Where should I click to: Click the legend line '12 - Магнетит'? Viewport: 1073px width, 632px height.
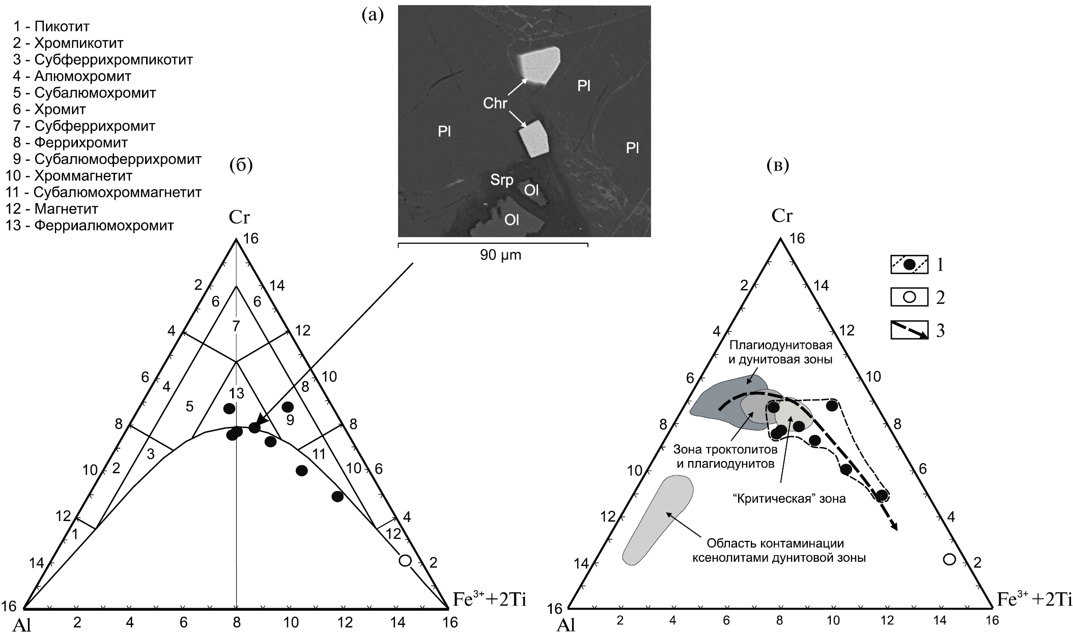[51, 209]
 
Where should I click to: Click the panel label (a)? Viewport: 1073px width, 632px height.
[372, 15]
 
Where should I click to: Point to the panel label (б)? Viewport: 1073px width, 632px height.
[241, 165]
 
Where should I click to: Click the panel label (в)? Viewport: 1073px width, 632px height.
[777, 165]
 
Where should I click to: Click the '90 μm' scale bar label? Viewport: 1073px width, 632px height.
[500, 255]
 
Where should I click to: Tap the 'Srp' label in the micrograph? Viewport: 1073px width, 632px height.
[501, 180]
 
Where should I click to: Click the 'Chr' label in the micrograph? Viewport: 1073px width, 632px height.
[495, 103]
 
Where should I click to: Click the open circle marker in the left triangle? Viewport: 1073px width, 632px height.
[405, 560]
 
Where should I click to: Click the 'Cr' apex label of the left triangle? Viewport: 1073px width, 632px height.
[239, 218]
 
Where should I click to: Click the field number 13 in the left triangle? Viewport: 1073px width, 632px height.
[237, 393]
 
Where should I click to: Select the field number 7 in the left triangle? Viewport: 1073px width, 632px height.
[236, 326]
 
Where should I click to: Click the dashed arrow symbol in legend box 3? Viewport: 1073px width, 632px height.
[909, 331]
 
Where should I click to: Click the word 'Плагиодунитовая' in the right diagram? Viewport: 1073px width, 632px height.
[781, 346]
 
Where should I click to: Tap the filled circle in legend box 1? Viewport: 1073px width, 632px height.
[909, 265]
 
